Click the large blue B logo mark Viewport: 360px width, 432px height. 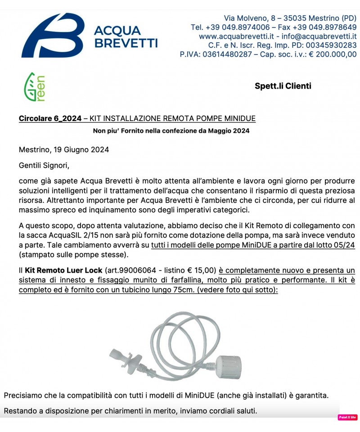(53, 35)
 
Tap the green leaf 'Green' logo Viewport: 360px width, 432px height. (34, 86)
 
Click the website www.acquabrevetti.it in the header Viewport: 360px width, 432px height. (234, 36)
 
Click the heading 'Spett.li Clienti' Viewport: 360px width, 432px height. (283, 86)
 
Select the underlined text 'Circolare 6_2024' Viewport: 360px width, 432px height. (50, 118)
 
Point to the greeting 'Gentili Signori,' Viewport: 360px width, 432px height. (44, 166)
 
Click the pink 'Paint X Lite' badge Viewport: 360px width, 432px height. (347, 417)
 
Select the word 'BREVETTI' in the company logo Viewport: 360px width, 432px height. (126, 43)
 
